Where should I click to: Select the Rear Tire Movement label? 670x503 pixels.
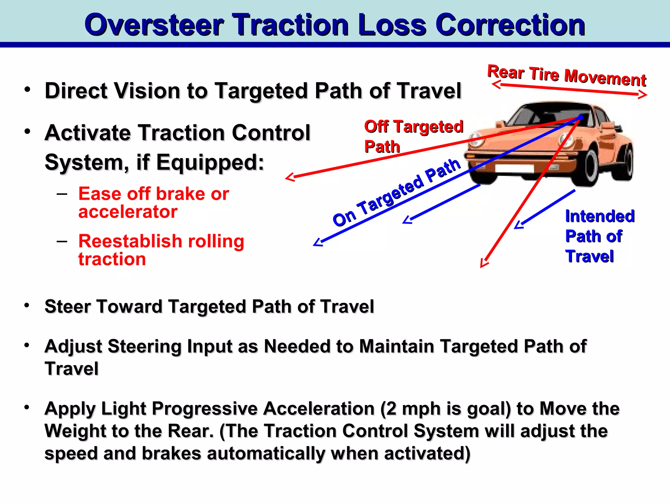pos(567,75)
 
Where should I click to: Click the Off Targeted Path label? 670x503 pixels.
pos(414,136)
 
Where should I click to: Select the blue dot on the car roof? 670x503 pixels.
pos(580,117)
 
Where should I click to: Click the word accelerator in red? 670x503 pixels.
pos(128,212)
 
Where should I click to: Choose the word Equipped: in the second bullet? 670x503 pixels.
pos(210,162)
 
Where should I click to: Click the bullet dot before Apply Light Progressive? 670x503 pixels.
pos(27,407)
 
